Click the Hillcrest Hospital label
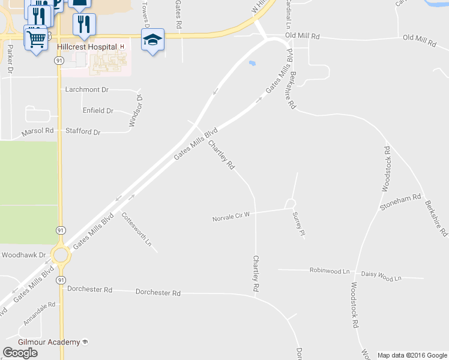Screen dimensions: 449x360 [x=86, y=46]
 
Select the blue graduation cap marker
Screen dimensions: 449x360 [x=152, y=40]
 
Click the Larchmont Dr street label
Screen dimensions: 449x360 [x=87, y=89]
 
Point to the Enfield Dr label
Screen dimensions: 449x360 [x=98, y=110]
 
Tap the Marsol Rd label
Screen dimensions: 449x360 [x=37, y=131]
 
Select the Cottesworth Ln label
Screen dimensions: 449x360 [x=137, y=230]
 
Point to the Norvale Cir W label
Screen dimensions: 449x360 [x=231, y=217]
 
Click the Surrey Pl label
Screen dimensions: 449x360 [x=299, y=224]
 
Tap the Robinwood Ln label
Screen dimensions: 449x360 [x=329, y=271]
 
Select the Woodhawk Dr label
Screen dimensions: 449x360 [x=24, y=255]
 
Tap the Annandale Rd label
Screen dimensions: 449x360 [x=40, y=314]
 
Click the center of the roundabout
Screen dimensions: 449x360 [x=61, y=255]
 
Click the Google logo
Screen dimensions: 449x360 [x=20, y=353]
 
